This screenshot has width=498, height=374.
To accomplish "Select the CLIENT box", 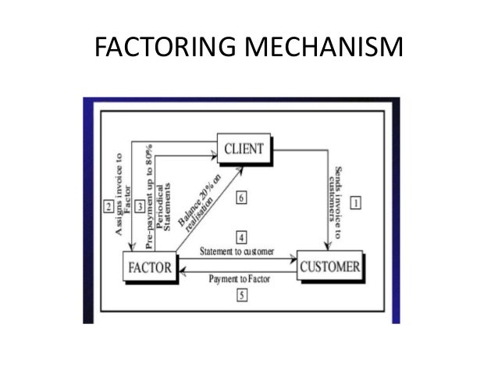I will (244, 148).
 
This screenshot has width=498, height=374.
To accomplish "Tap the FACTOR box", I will (149, 267).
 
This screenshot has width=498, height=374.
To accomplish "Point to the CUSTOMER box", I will (329, 267).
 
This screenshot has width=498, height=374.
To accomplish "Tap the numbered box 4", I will (242, 236).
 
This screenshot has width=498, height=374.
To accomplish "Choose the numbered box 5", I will (242, 295).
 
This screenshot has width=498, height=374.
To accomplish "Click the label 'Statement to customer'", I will (237, 251).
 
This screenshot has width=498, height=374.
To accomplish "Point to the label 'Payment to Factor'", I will (238, 279).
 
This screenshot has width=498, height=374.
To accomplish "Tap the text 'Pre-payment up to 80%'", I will (148, 184).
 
